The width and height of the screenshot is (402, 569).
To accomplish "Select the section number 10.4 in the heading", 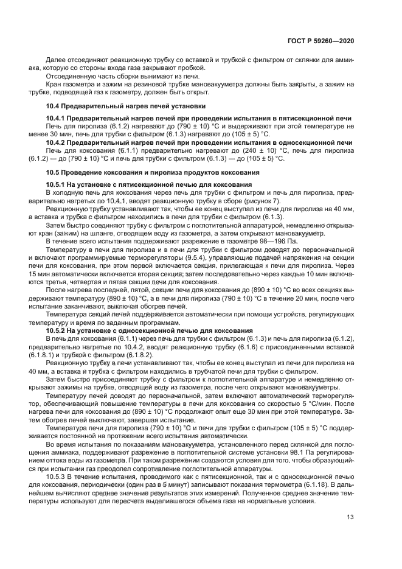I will (54, 106).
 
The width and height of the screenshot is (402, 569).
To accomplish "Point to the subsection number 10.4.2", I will (57, 142).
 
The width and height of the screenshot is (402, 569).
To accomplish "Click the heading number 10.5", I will (54, 172).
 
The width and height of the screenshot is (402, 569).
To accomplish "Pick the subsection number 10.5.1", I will (57, 185).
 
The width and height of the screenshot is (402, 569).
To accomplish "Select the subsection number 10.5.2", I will (57, 329).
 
